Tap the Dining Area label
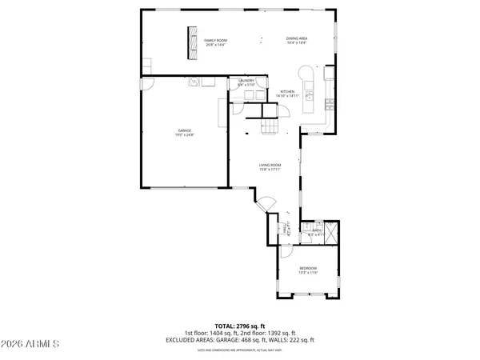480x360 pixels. tap(298, 38)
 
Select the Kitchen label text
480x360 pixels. tap(286, 91)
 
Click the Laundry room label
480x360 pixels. tap(246, 80)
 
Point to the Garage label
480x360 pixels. tap(184, 130)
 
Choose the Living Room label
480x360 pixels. tap(269, 165)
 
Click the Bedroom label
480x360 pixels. tap(308, 267)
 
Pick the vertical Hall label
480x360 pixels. tap(286, 230)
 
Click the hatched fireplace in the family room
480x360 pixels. tap(192, 42)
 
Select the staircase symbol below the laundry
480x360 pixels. tap(273, 126)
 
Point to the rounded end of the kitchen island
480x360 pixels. tap(304, 71)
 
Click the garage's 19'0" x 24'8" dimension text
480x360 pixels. tap(184, 134)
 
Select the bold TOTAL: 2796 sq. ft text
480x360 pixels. tap(239, 327)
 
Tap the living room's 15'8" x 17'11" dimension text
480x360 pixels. tap(269, 170)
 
